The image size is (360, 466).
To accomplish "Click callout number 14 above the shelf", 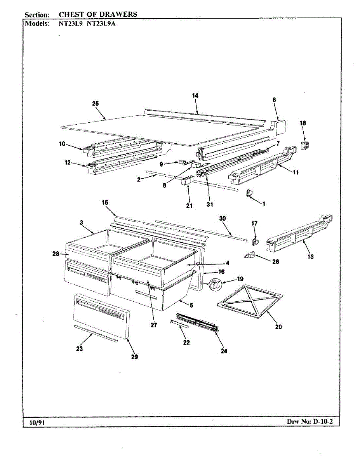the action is tap(195, 96).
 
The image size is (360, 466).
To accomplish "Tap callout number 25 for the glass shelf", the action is tap(96, 103).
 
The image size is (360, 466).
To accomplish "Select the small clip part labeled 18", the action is tap(305, 145).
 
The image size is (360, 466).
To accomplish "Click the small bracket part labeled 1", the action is tap(250, 193).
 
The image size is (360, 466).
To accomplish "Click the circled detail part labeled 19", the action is tap(216, 285).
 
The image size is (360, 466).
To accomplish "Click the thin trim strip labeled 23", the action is tap(95, 334).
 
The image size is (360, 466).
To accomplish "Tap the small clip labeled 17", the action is tap(254, 242).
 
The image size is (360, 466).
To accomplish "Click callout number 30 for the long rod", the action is tap(223, 219).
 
